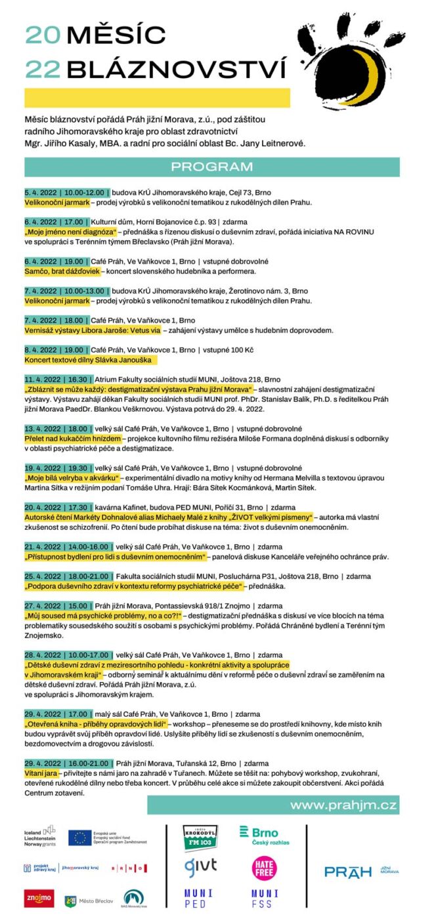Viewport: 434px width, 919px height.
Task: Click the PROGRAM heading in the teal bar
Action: (211, 167)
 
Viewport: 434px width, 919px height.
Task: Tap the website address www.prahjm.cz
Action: (343, 805)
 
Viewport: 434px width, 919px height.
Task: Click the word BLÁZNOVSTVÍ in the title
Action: (177, 69)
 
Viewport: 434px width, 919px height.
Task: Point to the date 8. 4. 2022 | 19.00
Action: (55, 350)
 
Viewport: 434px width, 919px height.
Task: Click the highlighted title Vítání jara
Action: (41, 773)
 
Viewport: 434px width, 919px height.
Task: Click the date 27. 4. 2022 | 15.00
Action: (57, 606)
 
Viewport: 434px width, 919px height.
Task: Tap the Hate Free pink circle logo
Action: (264, 868)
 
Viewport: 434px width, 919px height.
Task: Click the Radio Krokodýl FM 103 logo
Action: (198, 838)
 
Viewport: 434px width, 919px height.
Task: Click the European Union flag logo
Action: (81, 837)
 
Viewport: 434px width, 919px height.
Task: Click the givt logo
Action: (200, 866)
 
